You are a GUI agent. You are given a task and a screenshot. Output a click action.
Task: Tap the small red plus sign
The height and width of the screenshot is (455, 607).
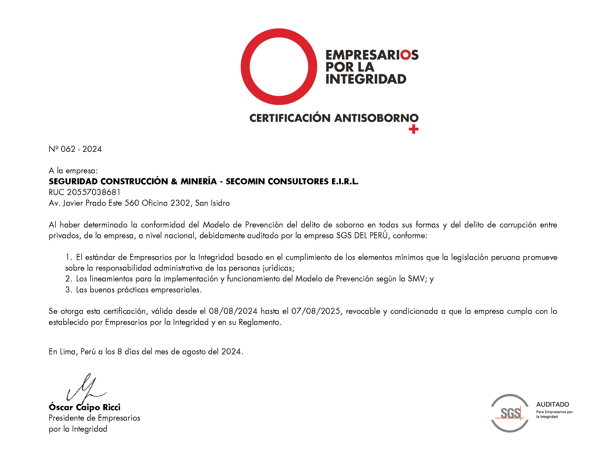pos(413,129)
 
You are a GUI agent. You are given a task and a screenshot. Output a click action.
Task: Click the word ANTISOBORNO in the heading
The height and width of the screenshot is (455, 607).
pos(376,118)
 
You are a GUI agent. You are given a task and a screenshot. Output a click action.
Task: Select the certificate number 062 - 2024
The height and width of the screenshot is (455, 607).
pos(81,149)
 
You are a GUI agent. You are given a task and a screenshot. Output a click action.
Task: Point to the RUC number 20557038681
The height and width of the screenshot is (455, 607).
pos(94,192)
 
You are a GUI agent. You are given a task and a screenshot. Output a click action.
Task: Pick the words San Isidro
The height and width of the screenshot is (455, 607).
pos(212,203)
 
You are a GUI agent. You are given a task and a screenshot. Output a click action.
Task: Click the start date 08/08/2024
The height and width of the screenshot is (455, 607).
pos(233,311)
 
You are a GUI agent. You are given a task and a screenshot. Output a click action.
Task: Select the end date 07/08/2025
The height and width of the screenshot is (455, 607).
pos(315,311)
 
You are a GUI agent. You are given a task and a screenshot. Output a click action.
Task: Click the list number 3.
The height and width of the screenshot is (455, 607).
pos(68,290)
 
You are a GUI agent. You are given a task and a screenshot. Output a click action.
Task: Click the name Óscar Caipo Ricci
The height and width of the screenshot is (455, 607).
pos(85,407)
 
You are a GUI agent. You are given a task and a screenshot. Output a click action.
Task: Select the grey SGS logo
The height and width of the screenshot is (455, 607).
pos(510,413)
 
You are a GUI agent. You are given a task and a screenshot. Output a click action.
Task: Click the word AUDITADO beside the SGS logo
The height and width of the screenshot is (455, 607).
pos(552,404)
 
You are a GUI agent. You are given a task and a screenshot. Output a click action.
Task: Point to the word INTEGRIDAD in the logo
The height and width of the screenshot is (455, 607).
pos(366,79)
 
